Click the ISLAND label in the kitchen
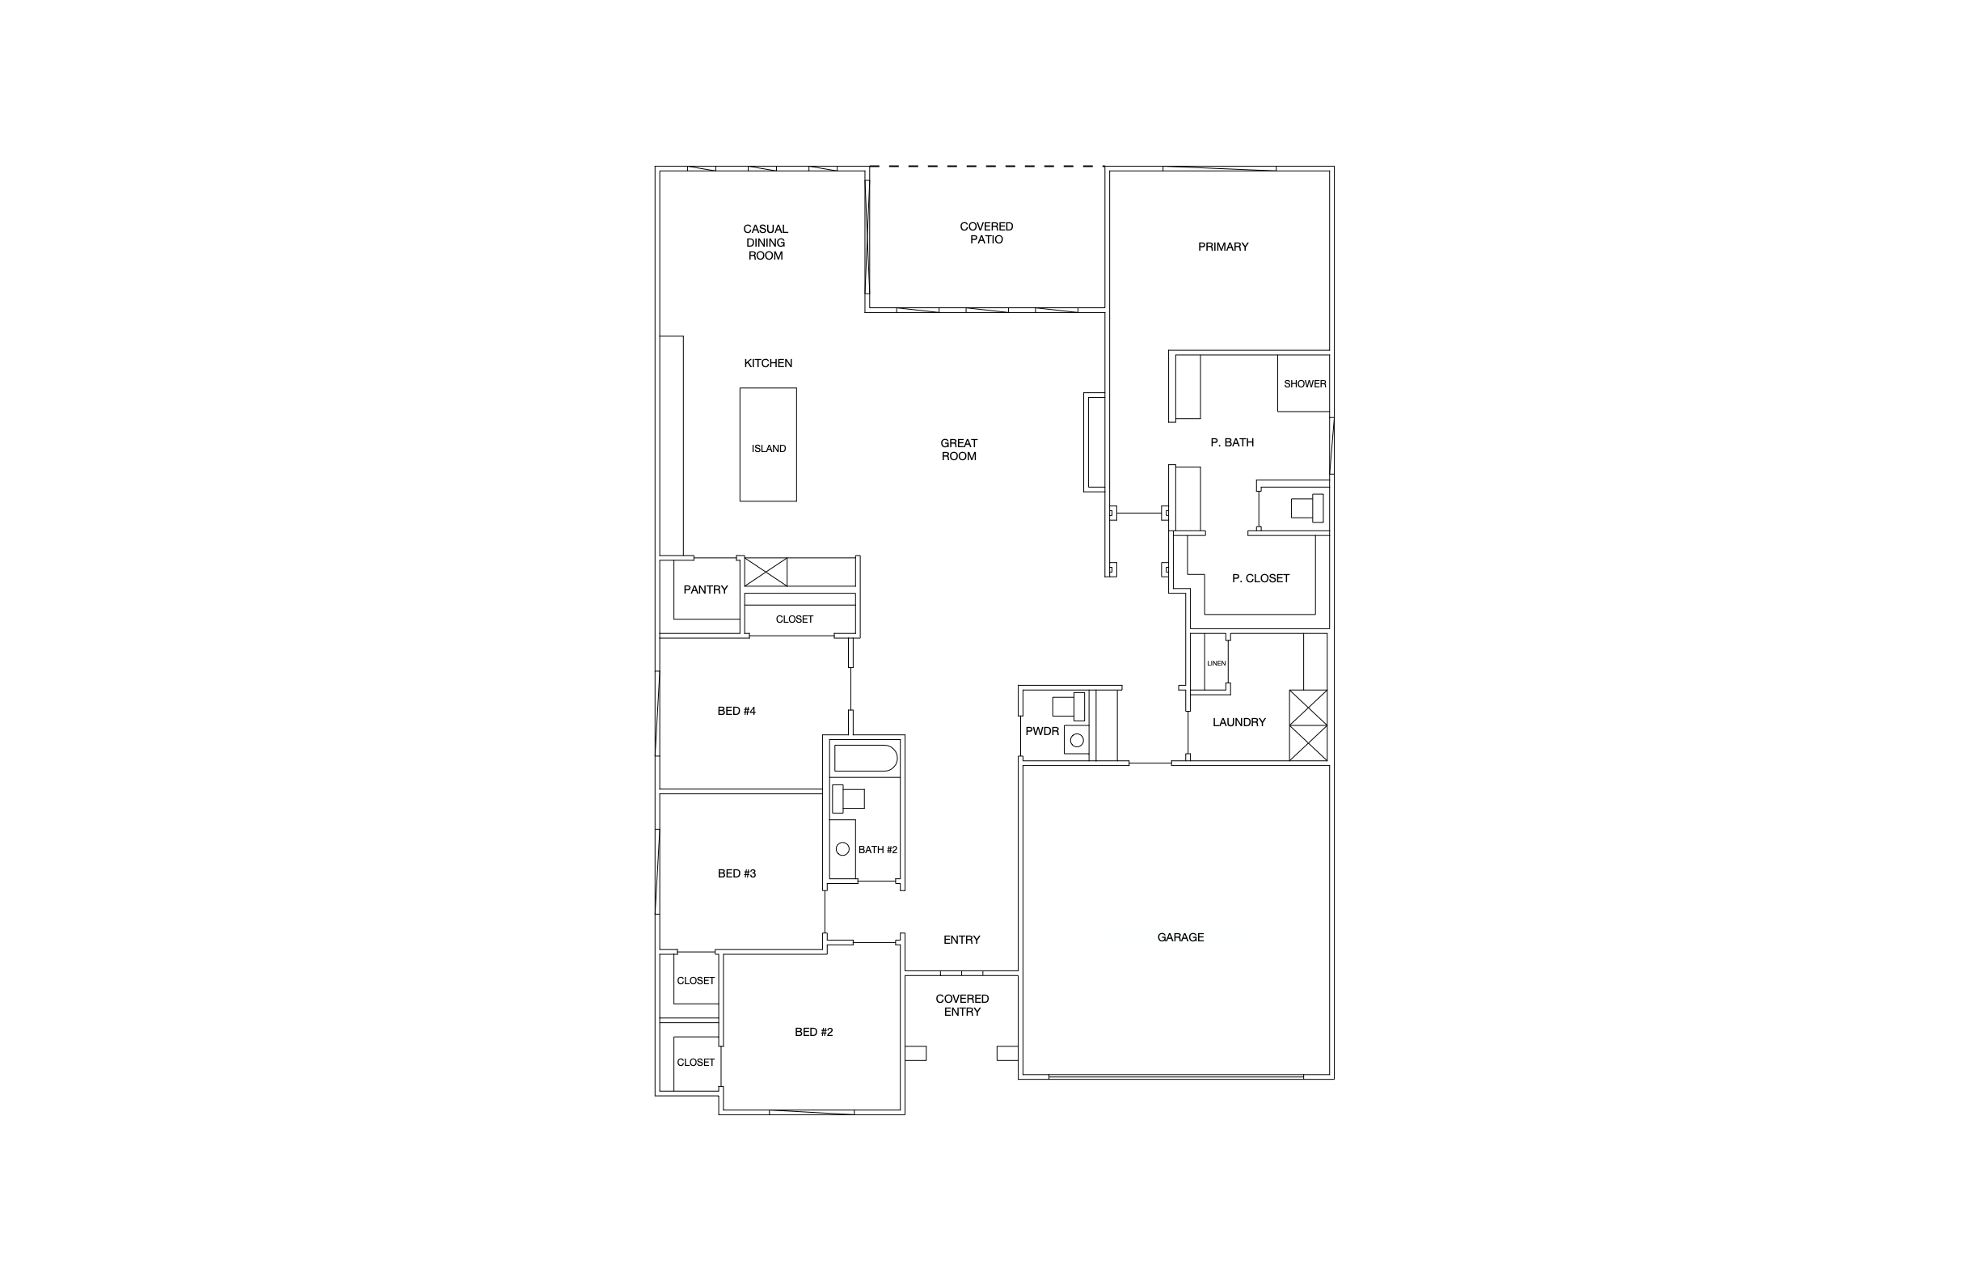[768, 449]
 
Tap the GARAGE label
[1180, 937]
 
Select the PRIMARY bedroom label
[1222, 247]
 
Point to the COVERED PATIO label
[986, 233]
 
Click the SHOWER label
[1305, 384]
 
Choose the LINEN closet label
[1216, 664]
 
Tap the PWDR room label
[1042, 732]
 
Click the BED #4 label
[736, 711]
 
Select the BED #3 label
[736, 874]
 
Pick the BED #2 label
[813, 1032]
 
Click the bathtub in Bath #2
[866, 759]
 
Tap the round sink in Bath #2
[842, 849]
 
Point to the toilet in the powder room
[1069, 706]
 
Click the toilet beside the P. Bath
[1307, 507]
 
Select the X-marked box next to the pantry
[765, 573]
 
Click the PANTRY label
[705, 590]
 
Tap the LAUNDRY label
[1238, 723]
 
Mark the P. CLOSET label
[1260, 579]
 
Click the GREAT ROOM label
[959, 450]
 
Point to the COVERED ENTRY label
[962, 1006]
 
